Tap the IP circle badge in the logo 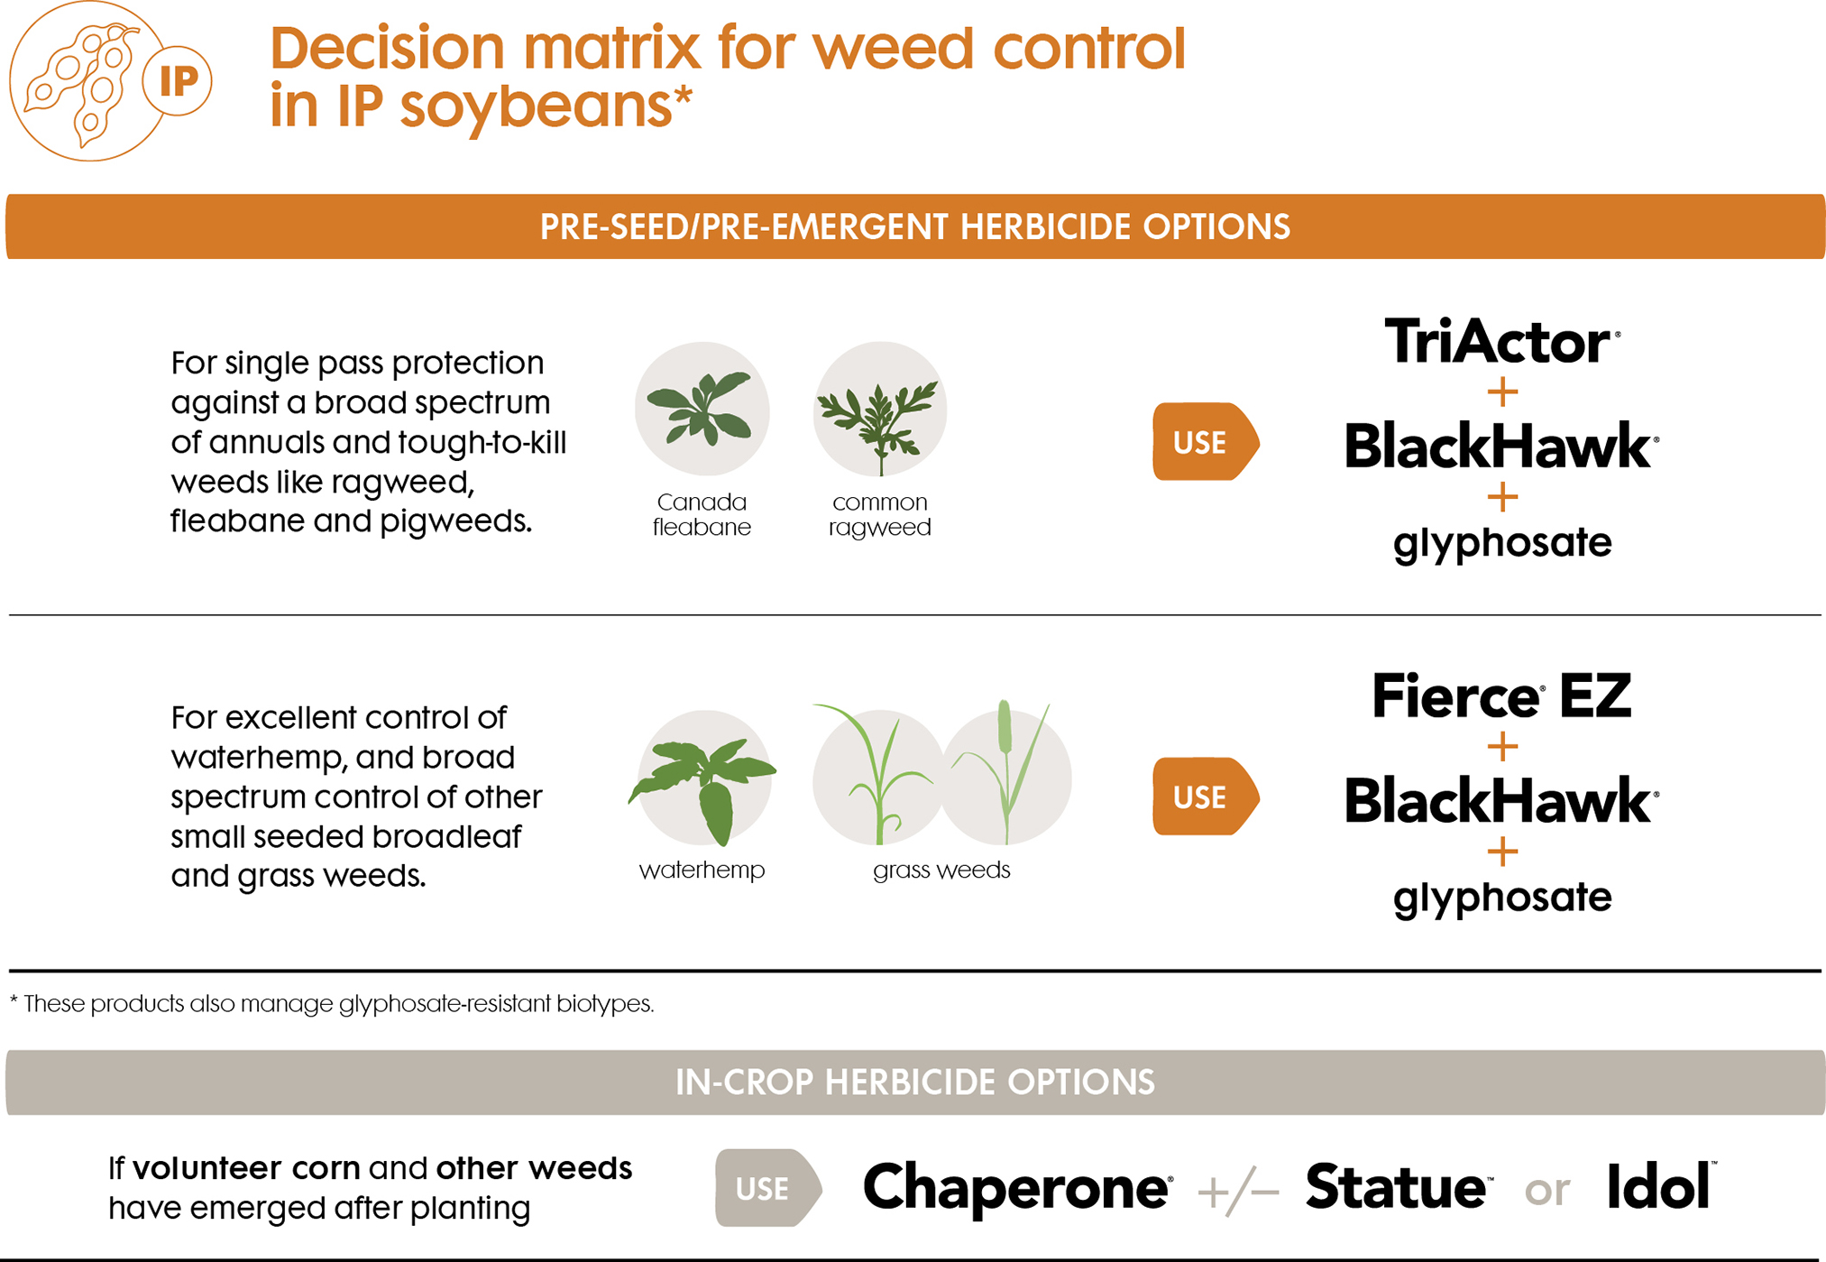(178, 81)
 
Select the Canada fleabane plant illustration (702, 410)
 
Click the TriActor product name (1500, 342)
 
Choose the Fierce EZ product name (1501, 696)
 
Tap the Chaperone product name (1016, 1187)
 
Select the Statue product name (1396, 1187)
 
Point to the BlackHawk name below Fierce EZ (1500, 801)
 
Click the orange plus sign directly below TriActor (1502, 392)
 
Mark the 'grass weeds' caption (941, 870)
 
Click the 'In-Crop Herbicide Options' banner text (914, 1082)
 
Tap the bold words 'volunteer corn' (246, 1168)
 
